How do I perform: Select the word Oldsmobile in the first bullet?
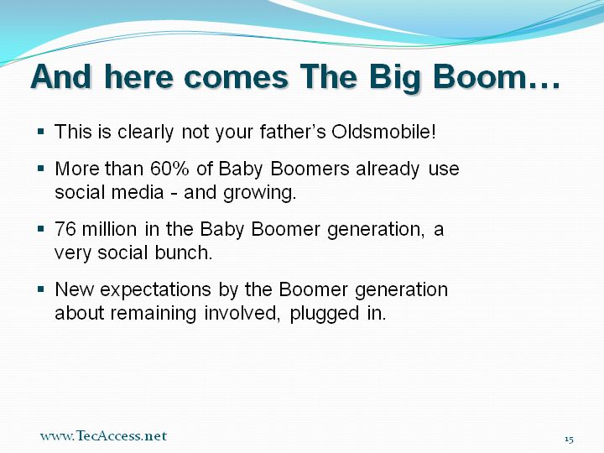tap(384, 132)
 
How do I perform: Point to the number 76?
tap(65, 229)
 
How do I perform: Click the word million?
tap(109, 229)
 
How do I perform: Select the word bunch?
tap(184, 253)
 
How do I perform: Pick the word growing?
tap(260, 193)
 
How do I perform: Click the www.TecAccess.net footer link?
tap(103, 435)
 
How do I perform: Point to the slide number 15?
tap(569, 439)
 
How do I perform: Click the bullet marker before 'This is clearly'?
tap(41, 132)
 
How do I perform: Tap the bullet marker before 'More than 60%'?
tap(41, 169)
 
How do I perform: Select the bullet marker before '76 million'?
tap(41, 228)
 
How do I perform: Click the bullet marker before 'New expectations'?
tap(41, 289)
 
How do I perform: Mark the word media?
tap(138, 192)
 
